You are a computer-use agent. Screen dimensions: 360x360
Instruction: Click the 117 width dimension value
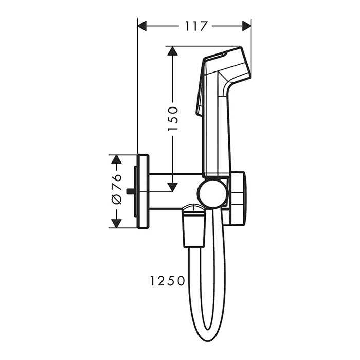tap(194, 26)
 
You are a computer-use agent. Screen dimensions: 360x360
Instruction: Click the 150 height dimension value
tap(173, 118)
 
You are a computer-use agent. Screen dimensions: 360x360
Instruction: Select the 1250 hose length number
tap(167, 281)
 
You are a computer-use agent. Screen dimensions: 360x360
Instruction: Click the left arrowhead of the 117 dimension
tap(143, 26)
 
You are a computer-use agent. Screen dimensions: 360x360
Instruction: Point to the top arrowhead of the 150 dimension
tap(173, 51)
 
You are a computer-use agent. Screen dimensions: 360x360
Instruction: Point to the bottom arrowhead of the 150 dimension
tap(173, 186)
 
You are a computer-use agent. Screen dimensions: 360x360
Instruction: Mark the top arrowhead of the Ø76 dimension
tap(117, 159)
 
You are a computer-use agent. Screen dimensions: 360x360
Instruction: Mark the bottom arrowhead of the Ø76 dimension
tap(117, 223)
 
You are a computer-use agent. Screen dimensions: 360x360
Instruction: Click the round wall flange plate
tap(143, 191)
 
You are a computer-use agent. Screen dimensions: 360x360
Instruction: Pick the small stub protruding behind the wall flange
tap(129, 191)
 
